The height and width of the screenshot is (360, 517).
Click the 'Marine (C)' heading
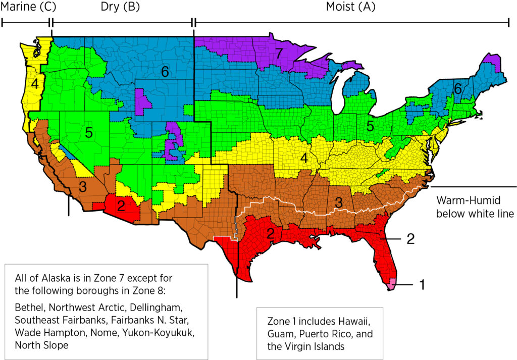[x=29, y=7]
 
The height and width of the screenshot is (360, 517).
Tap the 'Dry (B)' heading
[x=121, y=7]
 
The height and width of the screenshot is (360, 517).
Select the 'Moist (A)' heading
[x=351, y=7]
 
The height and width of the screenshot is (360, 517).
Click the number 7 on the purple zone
[x=279, y=52]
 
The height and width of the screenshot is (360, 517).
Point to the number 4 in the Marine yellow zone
[x=34, y=84]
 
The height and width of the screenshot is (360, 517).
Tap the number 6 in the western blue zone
[x=165, y=72]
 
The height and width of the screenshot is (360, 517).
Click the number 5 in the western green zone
[x=88, y=133]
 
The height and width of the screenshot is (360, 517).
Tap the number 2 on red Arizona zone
[x=121, y=205]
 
